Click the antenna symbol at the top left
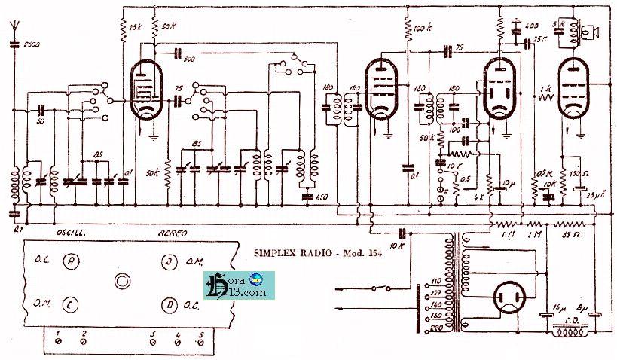15,29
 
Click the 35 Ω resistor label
570,235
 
